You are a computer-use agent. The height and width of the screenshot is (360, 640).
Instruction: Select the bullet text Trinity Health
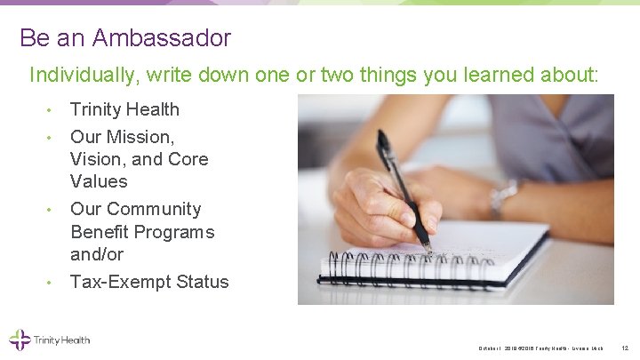coord(124,109)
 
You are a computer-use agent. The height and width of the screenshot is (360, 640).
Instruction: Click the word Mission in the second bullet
coord(143,137)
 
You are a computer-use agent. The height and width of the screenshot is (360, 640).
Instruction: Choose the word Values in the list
coord(99,181)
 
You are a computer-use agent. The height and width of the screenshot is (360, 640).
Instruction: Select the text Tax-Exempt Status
coord(149,282)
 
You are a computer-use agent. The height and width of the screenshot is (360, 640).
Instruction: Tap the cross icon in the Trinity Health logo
coord(19,340)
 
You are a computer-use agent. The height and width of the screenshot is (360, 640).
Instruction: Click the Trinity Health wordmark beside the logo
coord(62,340)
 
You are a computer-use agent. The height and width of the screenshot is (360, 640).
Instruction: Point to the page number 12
coord(625,347)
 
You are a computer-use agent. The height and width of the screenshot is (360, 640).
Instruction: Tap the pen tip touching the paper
coord(429,251)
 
